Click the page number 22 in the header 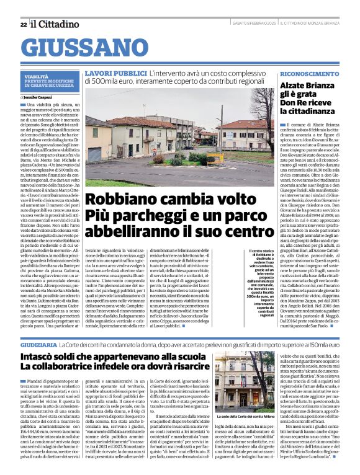(x=23, y=24)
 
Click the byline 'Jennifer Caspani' (x=41, y=97)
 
